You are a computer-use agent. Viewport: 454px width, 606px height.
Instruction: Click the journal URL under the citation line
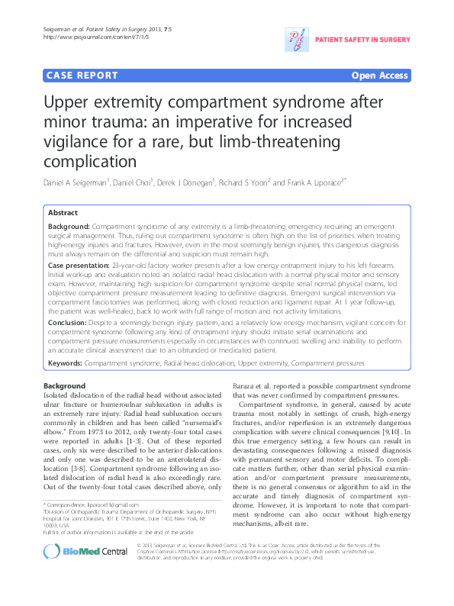[x=86, y=37]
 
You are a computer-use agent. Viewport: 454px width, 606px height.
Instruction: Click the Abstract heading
[x=63, y=213]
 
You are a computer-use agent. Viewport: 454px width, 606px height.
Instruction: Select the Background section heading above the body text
[x=65, y=386]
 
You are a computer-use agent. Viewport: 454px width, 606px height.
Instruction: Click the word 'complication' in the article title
[x=97, y=162]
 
